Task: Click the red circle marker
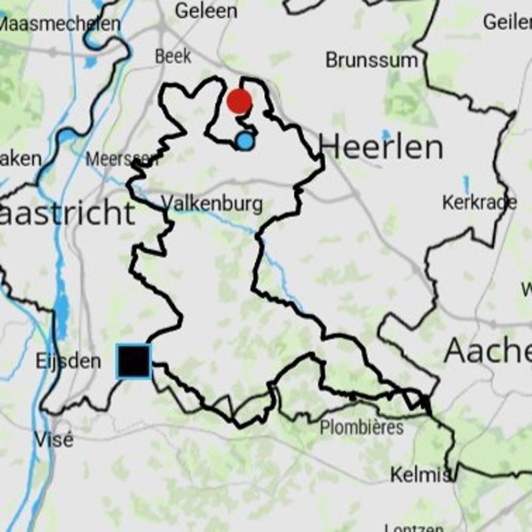pos(239,102)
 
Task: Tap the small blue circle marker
pos(245,141)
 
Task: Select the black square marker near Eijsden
pos(134,362)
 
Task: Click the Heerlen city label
pos(380,147)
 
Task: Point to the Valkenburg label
pos(212,203)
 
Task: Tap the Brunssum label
pos(372,61)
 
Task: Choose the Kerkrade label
pos(479,203)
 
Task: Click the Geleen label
pos(205,11)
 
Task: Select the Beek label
pos(173,57)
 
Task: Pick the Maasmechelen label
pos(60,25)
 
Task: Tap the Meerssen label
pos(122,160)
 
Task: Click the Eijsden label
pos(68,362)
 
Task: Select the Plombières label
pos(362,427)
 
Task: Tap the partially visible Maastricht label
pos(66,213)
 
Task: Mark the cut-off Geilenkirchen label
pos(507,22)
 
